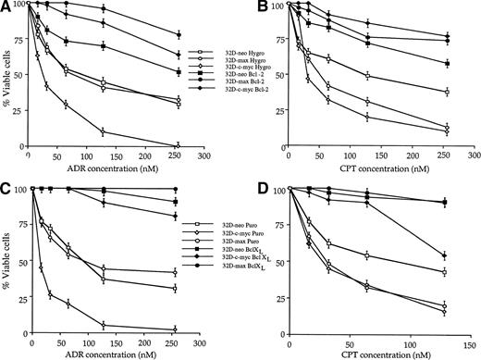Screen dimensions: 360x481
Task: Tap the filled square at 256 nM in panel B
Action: click(447, 63)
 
